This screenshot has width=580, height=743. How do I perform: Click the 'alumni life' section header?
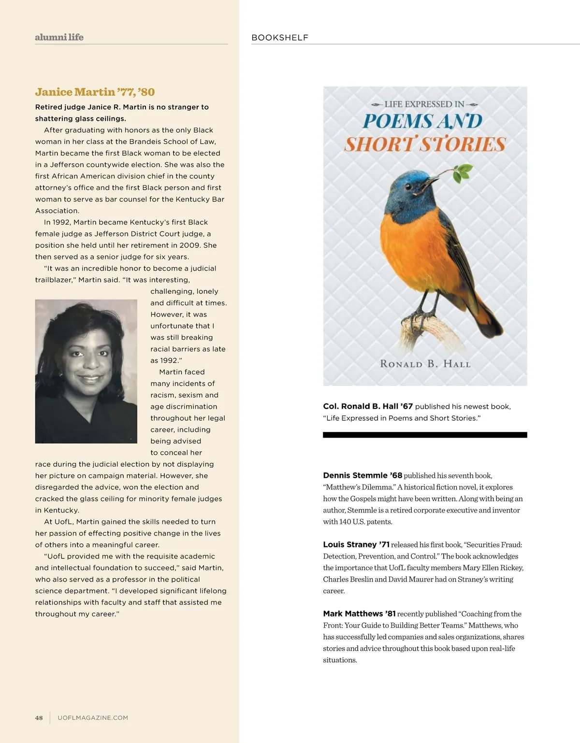59,37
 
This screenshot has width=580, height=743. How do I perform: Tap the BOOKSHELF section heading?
280,38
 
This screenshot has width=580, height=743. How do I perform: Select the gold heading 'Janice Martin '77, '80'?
95,92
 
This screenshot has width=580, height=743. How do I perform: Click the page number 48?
39,718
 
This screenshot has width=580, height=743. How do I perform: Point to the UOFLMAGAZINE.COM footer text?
93,718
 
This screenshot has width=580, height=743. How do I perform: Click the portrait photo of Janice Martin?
86,371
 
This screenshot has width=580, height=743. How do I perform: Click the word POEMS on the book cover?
397,121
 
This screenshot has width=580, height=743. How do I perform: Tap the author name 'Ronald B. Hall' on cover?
425,364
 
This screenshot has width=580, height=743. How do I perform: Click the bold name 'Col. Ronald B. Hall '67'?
368,406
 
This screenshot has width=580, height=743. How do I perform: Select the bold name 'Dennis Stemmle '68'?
362,475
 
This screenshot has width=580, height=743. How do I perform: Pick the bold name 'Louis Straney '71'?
356,544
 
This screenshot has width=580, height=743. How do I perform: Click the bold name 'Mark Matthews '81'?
359,614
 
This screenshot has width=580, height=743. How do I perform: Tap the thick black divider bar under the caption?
425,435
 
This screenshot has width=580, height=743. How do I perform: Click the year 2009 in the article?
190,245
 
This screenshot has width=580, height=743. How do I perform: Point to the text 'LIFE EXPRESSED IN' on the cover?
424,104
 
